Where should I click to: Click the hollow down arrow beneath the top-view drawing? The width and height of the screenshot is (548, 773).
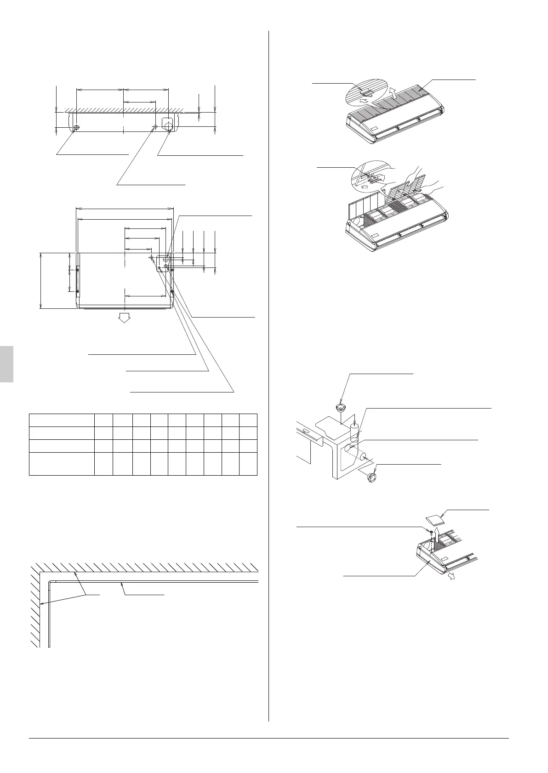pos(123,318)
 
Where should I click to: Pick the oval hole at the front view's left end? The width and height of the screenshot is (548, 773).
pos(77,127)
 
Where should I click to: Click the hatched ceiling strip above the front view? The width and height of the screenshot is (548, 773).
pos(124,110)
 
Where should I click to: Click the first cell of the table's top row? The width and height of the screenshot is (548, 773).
pos(62,420)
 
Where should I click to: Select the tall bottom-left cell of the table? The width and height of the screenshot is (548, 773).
pos(62,463)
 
